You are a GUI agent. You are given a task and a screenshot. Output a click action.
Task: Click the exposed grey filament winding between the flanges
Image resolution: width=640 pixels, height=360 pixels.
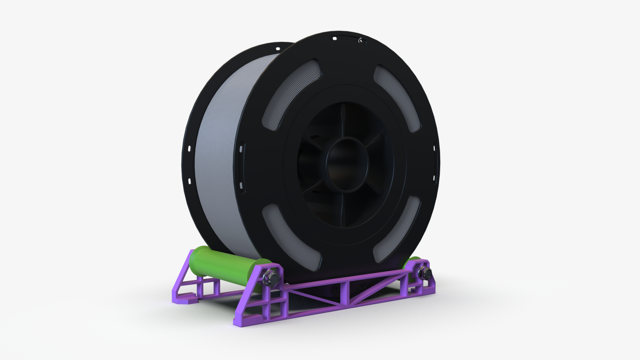218,160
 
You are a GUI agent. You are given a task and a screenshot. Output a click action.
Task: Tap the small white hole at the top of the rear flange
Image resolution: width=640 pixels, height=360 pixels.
278,49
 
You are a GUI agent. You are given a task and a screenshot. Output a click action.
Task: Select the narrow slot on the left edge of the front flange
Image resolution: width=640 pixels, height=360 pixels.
242,149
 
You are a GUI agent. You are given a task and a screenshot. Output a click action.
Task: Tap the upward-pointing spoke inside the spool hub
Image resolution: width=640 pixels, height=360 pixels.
343,120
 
